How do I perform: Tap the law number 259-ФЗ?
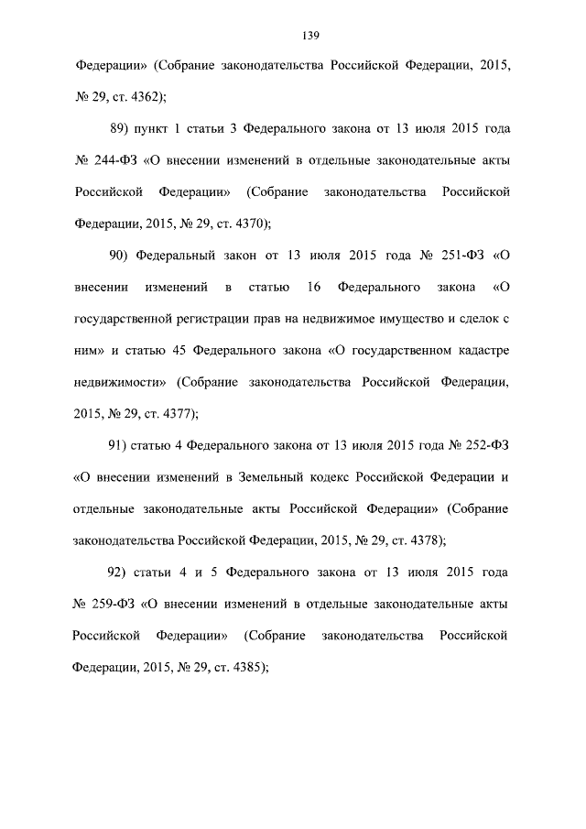(114, 605)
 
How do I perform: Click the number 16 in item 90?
(313, 288)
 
